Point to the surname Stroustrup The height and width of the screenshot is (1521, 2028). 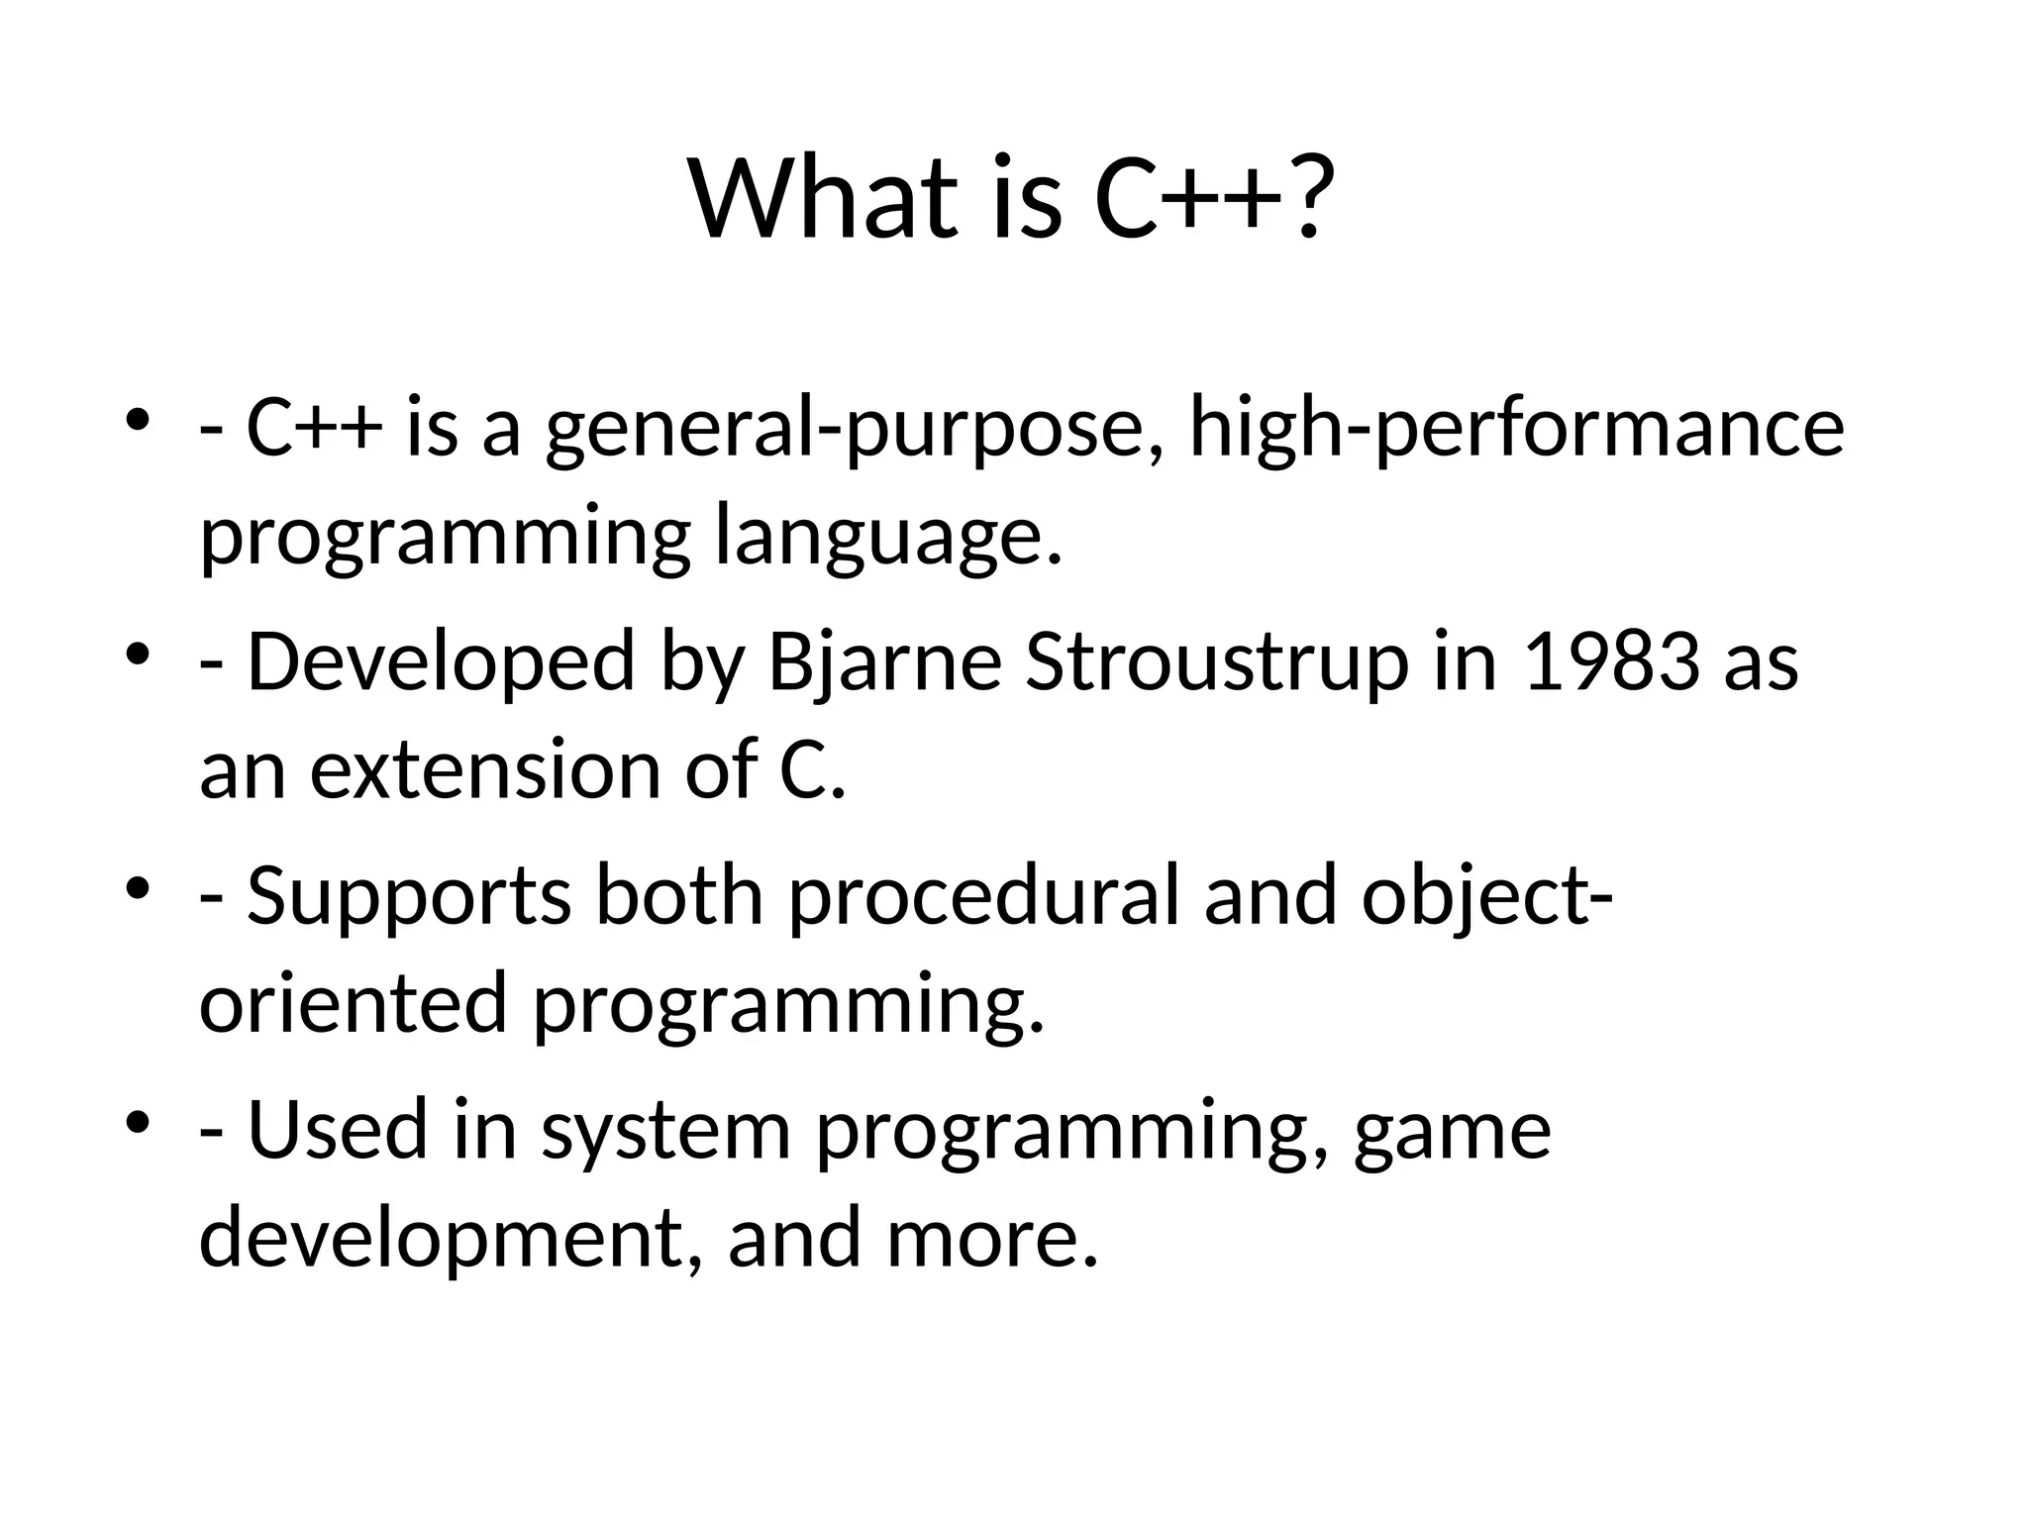point(1217,662)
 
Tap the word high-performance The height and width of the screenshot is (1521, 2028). point(1516,429)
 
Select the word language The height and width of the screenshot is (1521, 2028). point(886,538)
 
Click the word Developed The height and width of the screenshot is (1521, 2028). point(441,662)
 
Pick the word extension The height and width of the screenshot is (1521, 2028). point(485,770)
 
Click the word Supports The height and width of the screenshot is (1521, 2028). point(408,896)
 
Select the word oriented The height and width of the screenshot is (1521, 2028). point(354,1003)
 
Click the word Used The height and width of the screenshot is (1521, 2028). point(337,1130)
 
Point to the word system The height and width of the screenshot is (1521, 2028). point(665,1130)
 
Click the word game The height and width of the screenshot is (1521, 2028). point(1452,1130)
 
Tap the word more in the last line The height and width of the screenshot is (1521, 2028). point(991,1238)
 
